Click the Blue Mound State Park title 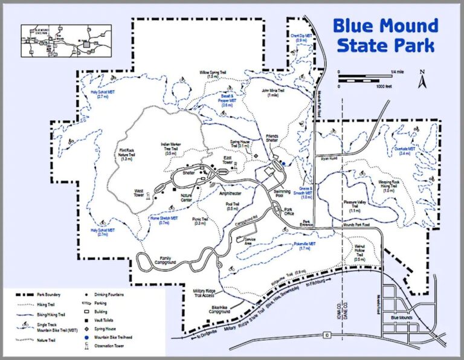pos(385,35)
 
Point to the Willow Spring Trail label pos(212,75)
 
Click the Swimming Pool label pos(283,193)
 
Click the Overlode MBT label pos(404,151)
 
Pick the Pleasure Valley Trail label pos(355,208)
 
